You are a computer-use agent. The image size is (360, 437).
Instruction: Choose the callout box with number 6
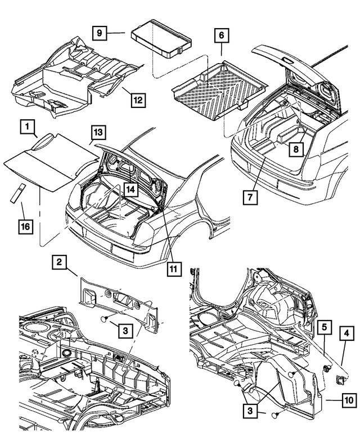[x=221, y=35]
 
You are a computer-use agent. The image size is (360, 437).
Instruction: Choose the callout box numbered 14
[x=130, y=190]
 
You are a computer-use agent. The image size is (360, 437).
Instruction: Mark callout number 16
[x=25, y=227]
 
